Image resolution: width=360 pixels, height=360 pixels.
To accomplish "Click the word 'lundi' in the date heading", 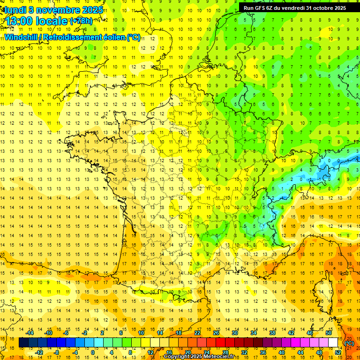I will click(15, 10).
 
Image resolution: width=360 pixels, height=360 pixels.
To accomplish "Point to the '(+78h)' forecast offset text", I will click(81, 21).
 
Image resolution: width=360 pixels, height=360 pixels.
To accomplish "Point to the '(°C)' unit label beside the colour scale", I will click(349, 343).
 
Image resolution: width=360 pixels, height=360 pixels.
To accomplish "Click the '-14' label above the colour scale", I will click(30, 333).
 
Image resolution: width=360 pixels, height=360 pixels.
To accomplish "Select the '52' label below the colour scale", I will click(337, 352).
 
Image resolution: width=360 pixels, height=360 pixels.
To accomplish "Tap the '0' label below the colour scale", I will click(93, 352).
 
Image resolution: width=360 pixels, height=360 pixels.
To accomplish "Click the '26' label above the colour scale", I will click(216, 333).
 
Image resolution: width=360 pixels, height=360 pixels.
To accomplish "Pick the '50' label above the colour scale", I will click(328, 333).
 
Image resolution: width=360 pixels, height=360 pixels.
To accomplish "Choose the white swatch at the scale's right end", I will click(333, 343).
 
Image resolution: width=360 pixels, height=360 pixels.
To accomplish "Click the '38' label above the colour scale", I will click(272, 333).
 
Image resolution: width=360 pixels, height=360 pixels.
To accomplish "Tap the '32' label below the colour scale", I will click(244, 352).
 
